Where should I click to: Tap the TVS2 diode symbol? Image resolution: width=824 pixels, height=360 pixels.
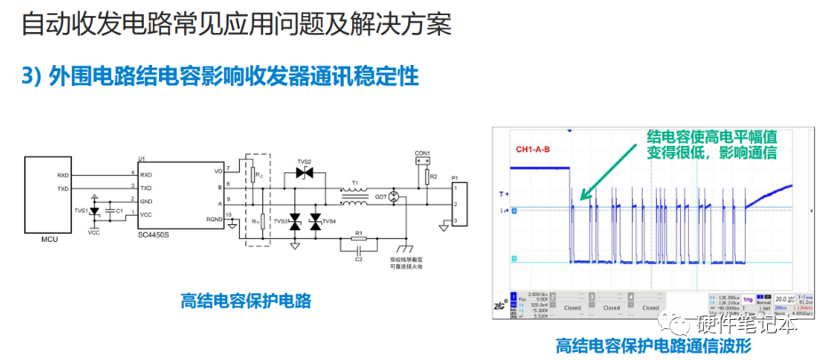coord(304,174)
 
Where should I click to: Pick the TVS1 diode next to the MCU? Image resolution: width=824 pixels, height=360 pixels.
coord(95,212)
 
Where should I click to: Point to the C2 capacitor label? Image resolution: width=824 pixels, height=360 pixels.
coord(358,259)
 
